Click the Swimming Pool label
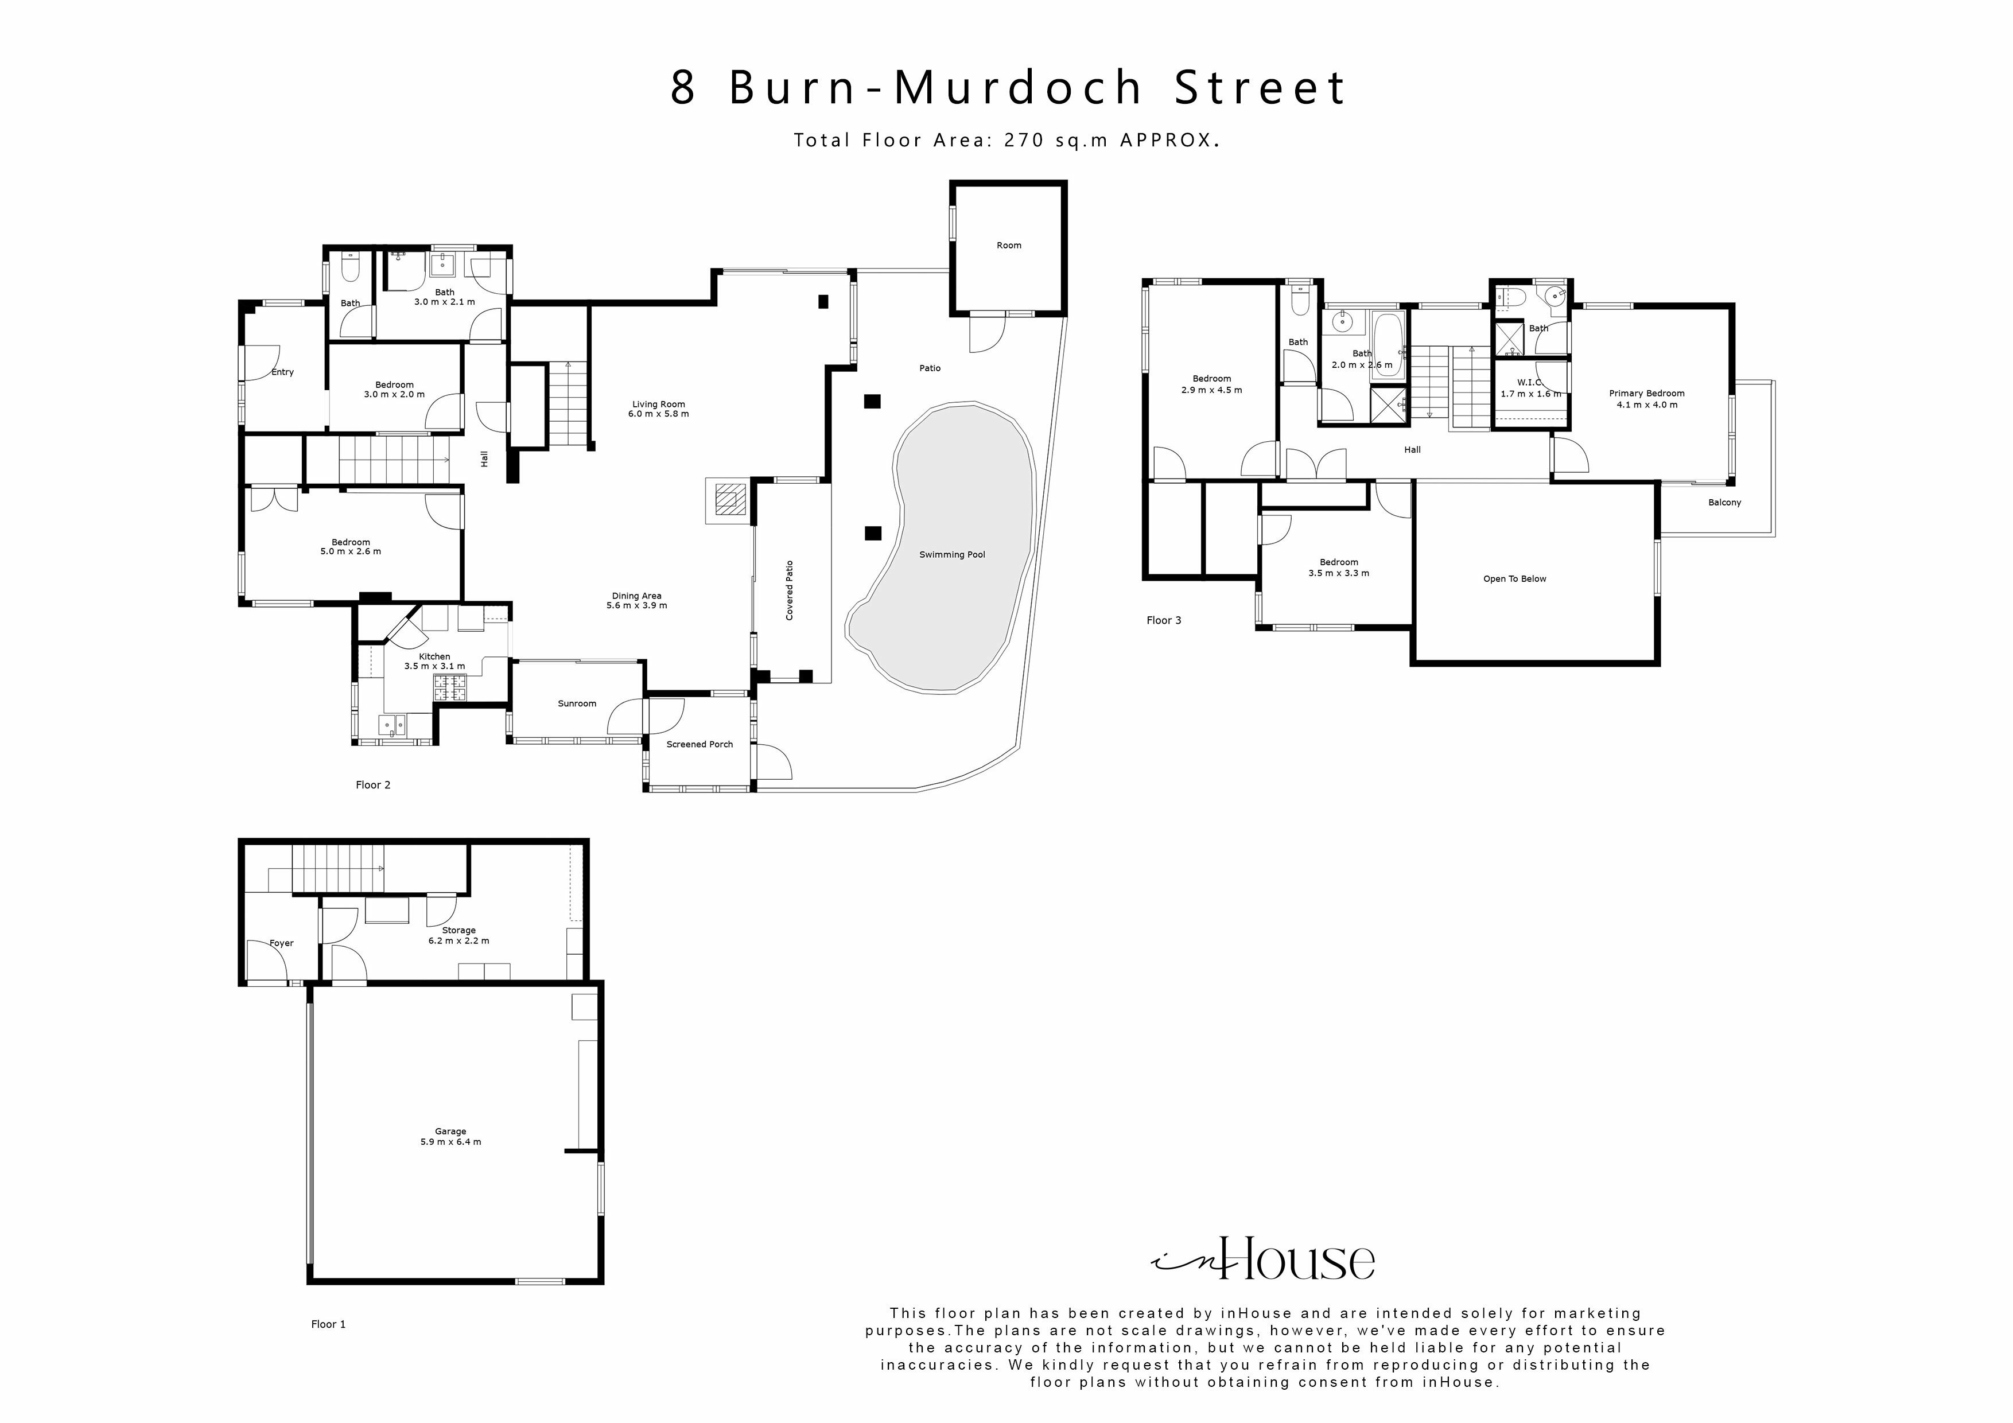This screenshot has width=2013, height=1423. tap(952, 555)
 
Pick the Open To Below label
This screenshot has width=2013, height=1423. tap(1514, 580)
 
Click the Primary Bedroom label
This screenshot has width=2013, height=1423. tap(1646, 394)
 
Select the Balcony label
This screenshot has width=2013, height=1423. tap(1724, 503)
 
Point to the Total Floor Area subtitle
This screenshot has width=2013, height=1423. tap(1006, 140)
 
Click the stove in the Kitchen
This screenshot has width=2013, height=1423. tap(452, 687)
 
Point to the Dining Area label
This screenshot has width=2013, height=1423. tap(636, 596)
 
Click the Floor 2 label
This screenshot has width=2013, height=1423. tap(372, 786)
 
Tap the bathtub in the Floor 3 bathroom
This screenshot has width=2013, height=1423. tap(1387, 345)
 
